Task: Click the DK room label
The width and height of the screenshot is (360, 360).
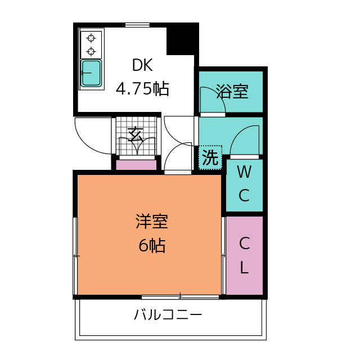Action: point(142,65)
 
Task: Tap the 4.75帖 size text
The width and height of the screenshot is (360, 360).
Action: point(142,89)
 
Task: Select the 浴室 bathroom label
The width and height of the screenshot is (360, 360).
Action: point(232,92)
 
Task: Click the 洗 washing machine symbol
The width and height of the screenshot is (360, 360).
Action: point(210,157)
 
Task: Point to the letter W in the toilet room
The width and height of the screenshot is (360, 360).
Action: point(244,172)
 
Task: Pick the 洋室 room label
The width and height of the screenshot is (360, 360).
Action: point(151,222)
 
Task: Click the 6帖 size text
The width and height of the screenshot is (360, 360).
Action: point(151,246)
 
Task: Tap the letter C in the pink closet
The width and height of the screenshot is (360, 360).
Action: point(244,244)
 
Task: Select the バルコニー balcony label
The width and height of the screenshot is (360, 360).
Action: point(168,315)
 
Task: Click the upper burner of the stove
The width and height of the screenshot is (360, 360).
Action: point(91,39)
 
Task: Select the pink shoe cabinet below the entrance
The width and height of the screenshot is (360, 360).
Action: point(136,165)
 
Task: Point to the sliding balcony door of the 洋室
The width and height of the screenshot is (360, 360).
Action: point(180,296)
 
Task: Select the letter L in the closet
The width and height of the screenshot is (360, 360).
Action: point(244,268)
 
